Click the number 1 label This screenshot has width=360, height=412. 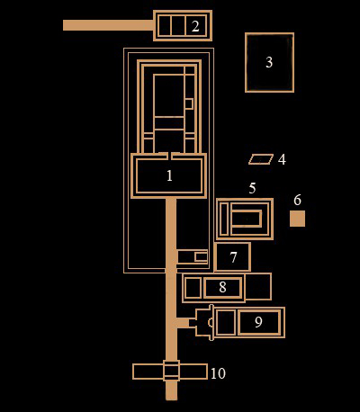[x=169, y=175]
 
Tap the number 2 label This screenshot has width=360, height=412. [x=195, y=26]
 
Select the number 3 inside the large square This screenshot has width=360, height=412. [x=269, y=62]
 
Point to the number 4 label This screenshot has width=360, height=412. [x=282, y=159]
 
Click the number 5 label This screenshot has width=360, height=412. [x=252, y=188]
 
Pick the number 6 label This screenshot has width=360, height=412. [x=297, y=200]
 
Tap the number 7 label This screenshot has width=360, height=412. [x=233, y=257]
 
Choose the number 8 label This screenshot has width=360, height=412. [x=222, y=287]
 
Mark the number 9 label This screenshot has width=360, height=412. [x=258, y=322]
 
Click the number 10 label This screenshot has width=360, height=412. [x=218, y=373]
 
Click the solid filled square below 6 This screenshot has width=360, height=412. [x=297, y=219]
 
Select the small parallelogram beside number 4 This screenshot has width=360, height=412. [x=261, y=159]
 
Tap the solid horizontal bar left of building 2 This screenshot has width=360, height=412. [x=108, y=25]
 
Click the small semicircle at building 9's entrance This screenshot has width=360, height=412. [x=211, y=322]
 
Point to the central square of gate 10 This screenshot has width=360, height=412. [x=171, y=371]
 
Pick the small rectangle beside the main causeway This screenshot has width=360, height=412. [x=201, y=257]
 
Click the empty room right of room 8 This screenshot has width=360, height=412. [x=258, y=287]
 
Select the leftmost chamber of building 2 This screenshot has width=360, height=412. [x=164, y=26]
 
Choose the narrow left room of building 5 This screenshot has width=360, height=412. [x=224, y=219]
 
